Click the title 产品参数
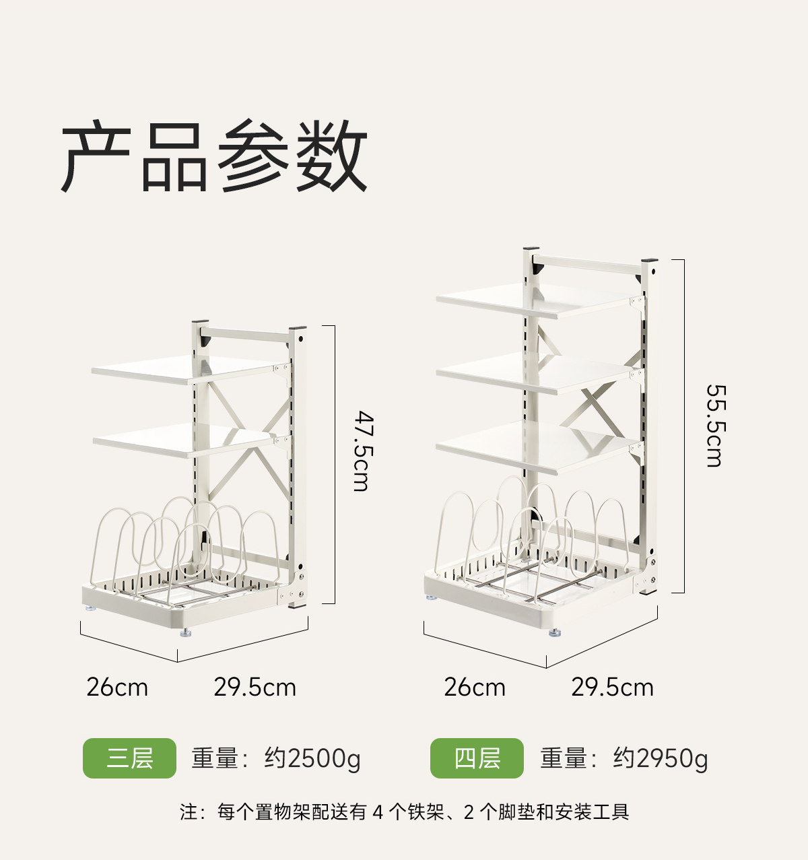[214, 156]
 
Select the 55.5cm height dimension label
[714, 426]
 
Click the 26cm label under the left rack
[117, 688]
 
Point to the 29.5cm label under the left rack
[255, 688]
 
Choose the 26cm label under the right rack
[475, 688]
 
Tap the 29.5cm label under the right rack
[613, 688]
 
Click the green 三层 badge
[129, 758]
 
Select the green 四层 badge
[477, 758]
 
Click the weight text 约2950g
[661, 759]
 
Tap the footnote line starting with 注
[404, 812]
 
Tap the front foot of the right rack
[554, 632]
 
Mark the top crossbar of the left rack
[249, 334]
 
